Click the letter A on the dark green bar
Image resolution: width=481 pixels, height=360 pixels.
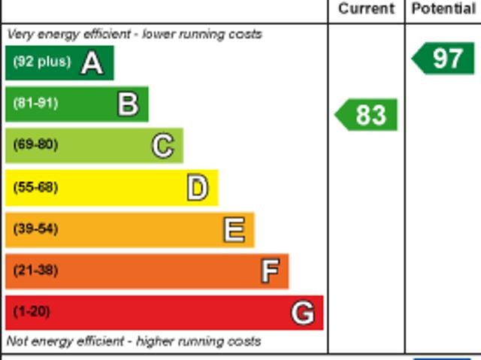coord(92,63)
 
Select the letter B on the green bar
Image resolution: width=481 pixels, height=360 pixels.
coord(128,104)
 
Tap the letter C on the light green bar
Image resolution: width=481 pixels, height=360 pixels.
coord(162,146)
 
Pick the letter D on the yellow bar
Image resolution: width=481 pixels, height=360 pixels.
coord(197,188)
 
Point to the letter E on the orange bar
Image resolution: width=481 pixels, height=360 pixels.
coord(234,229)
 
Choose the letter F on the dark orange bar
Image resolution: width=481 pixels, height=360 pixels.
coord(269,271)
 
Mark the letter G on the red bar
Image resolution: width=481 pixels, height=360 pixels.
coord(302,313)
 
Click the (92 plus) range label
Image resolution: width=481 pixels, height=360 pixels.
coord(41,62)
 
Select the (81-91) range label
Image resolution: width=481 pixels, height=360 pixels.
coord(35,103)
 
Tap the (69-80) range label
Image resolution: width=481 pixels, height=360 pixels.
coord(35,144)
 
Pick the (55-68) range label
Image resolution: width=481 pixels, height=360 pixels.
coord(35,187)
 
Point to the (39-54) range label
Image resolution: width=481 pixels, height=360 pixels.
coord(35,228)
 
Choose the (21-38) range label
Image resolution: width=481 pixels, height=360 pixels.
coord(35,270)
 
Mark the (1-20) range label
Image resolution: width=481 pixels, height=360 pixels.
coord(32,311)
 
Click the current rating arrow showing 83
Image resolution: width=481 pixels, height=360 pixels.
coord(367,115)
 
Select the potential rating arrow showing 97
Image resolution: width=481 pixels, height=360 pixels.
coord(444,59)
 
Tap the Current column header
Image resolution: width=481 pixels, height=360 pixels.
coord(366,9)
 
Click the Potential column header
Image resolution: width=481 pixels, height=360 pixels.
coord(443,9)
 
